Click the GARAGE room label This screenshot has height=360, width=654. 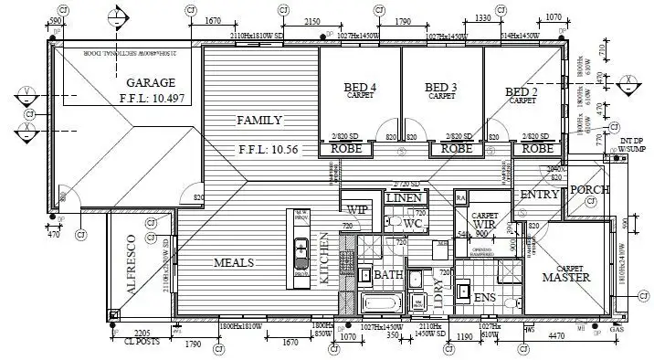coord(149,81)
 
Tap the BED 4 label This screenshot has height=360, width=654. coord(359,88)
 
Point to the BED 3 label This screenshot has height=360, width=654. coord(441,88)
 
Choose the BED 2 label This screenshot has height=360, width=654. coord(522,92)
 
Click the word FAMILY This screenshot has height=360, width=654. coord(259,121)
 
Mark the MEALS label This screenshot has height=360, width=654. coord(234,262)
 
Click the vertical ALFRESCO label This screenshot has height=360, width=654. coord(130,267)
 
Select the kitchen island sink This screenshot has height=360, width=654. coord(300,248)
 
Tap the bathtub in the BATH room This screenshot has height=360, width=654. coord(382,303)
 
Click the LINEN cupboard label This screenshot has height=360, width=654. coord(402,197)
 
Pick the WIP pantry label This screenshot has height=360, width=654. coord(356,209)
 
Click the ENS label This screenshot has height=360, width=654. coord(486,297)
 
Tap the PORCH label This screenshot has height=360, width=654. coord(589,190)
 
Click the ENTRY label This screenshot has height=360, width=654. coord(539,196)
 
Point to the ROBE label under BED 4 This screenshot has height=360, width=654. coord(348,147)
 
